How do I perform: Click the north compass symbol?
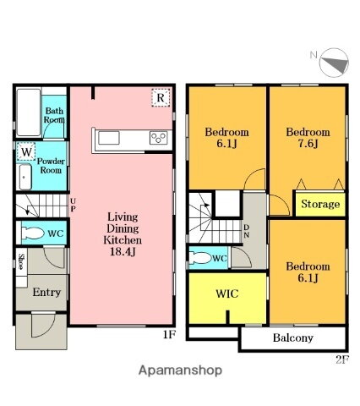[x=334, y=63]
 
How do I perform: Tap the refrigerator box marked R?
[x=161, y=97]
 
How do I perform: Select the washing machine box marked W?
[x=26, y=152]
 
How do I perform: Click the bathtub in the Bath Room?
[x=29, y=112]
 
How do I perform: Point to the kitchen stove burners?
[x=159, y=138]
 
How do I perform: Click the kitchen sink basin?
[x=108, y=138]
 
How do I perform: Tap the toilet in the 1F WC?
[x=33, y=233]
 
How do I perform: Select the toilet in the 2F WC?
[x=200, y=258]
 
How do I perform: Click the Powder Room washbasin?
[x=25, y=177]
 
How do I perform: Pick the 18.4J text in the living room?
[x=123, y=251]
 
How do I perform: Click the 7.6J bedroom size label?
[x=308, y=144]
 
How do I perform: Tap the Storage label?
[x=320, y=204]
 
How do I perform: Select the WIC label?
[x=227, y=294]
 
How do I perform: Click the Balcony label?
[x=293, y=337]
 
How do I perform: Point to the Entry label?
[x=46, y=292]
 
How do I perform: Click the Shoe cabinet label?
[x=21, y=261]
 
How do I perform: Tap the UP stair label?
[x=73, y=205]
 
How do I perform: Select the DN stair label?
[x=246, y=231]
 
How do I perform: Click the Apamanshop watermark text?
[x=180, y=370]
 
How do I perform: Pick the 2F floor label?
[x=342, y=359]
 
